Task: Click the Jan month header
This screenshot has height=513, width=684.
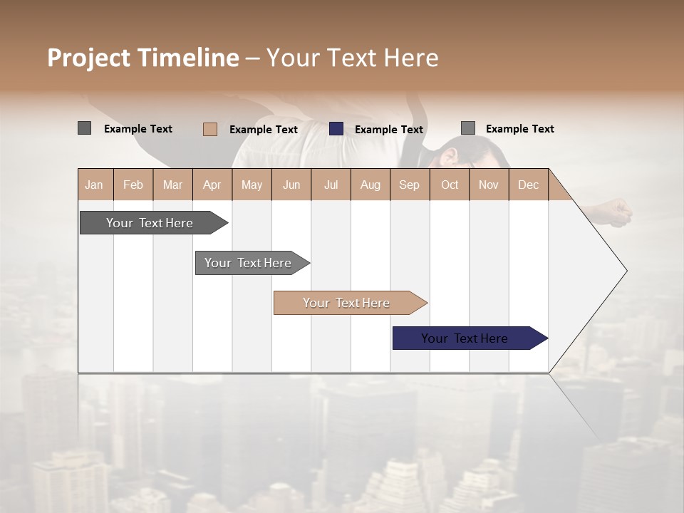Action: pyautogui.click(x=95, y=185)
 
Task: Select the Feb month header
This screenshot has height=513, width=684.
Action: pyautogui.click(x=133, y=185)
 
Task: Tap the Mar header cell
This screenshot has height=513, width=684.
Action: pyautogui.click(x=172, y=185)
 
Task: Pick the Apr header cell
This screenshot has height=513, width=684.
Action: pyautogui.click(x=212, y=185)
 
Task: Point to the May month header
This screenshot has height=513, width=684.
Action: pyautogui.click(x=252, y=185)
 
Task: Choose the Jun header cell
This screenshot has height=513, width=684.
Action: pyautogui.click(x=291, y=185)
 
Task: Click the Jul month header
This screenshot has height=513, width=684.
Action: pyautogui.click(x=331, y=185)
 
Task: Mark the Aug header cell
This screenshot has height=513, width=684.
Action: pyautogui.click(x=370, y=185)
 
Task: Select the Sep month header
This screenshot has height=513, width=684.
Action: pyautogui.click(x=410, y=185)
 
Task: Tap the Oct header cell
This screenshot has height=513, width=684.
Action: pyautogui.click(x=450, y=185)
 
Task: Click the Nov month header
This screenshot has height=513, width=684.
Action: pyautogui.click(x=489, y=185)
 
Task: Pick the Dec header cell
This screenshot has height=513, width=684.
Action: pyautogui.click(x=529, y=185)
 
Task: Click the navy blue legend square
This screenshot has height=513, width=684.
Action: pyautogui.click(x=336, y=129)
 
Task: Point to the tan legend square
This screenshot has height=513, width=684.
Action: pyautogui.click(x=210, y=129)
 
